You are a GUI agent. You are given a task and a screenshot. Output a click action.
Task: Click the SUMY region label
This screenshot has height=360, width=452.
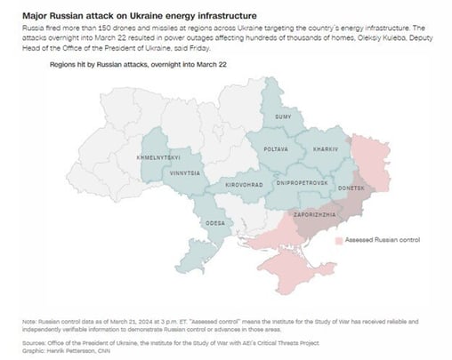pyautogui.click(x=282, y=116)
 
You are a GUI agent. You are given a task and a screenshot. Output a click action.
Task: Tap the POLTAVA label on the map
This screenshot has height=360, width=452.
pyautogui.click(x=275, y=148)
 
